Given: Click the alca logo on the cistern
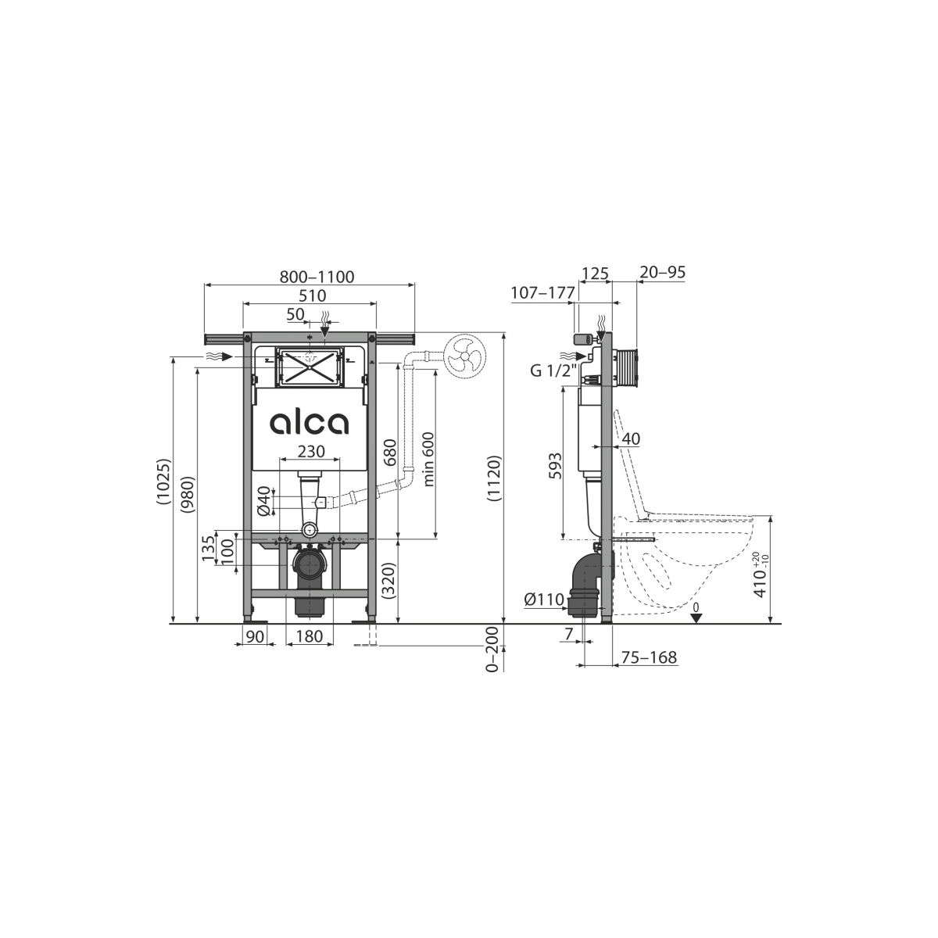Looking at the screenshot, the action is [x=309, y=423].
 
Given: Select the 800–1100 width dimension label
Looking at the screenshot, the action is [x=317, y=277].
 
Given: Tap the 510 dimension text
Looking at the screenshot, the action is [x=312, y=295].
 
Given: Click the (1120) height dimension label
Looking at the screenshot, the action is [x=493, y=478].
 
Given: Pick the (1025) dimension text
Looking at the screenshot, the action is [x=164, y=482].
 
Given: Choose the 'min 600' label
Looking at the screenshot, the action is [x=428, y=459].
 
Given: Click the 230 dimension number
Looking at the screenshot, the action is [x=311, y=451].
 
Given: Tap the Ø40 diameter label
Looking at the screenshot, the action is [x=264, y=500].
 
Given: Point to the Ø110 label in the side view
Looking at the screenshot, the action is [x=544, y=600].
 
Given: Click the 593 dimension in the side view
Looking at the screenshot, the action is [x=555, y=466].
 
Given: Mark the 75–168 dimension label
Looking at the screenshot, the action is [x=649, y=657].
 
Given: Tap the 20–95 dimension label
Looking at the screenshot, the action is [x=663, y=272].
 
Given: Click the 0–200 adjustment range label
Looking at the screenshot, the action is [x=492, y=650].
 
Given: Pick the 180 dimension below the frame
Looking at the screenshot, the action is [x=309, y=635].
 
